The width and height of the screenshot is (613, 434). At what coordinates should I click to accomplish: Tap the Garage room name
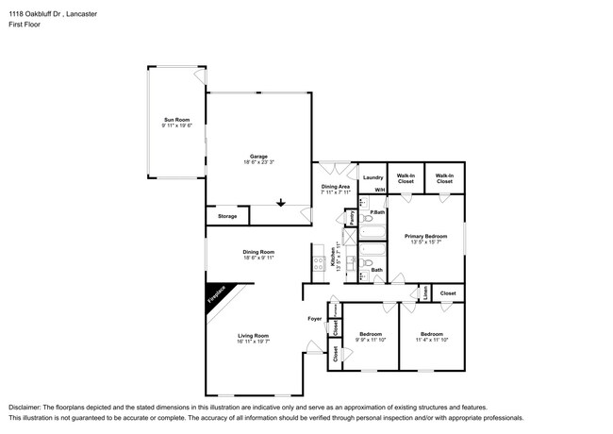(x=258, y=157)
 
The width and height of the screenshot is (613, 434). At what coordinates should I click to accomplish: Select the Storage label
(x=227, y=217)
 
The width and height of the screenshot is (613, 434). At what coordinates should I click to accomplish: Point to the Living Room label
(x=255, y=336)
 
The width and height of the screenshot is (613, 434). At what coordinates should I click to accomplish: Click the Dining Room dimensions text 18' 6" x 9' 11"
(x=257, y=258)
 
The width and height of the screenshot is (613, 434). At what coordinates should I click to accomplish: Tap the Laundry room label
(x=372, y=176)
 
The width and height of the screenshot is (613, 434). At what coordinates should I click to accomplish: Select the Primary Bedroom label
(x=425, y=236)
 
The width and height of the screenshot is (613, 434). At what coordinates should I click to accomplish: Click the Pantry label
(x=350, y=218)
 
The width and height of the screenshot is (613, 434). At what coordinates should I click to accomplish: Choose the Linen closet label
(x=425, y=293)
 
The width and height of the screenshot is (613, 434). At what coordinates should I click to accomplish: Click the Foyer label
(x=315, y=319)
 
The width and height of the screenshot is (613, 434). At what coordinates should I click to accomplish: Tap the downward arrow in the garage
(x=280, y=201)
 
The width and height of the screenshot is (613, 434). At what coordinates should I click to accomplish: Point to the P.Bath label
(x=376, y=212)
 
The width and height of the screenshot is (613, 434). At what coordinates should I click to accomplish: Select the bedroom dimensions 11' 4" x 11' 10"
(x=431, y=341)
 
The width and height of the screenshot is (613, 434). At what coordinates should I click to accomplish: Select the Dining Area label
(x=336, y=187)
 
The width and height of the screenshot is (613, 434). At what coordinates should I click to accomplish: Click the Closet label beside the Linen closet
(x=447, y=293)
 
